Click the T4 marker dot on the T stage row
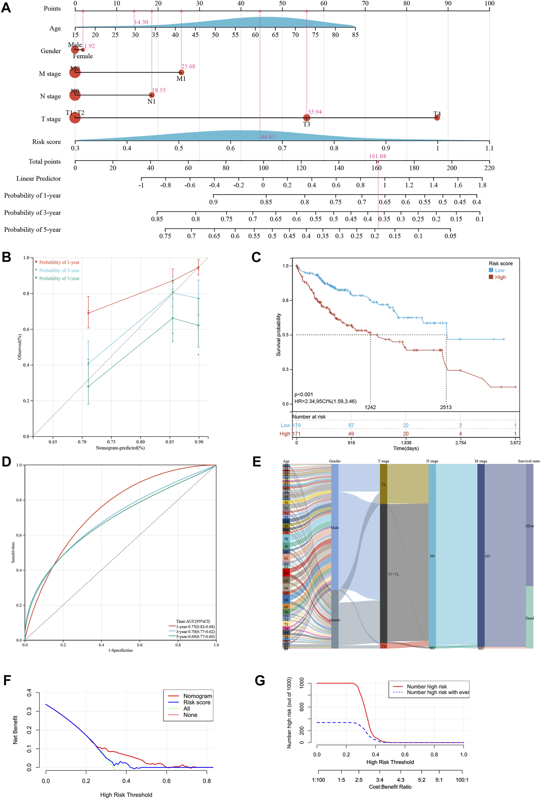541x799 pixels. [437, 117]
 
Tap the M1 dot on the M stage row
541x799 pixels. [181, 73]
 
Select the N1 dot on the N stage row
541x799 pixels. [152, 95]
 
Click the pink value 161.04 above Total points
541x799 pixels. [377, 156]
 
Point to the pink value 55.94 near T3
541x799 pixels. [315, 112]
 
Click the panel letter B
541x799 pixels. [6, 257]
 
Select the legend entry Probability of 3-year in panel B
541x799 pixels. [59, 270]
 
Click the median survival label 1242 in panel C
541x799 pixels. [370, 407]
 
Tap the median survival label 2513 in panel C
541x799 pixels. [446, 407]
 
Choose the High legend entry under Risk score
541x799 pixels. [500, 277]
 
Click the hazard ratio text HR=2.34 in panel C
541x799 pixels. [325, 401]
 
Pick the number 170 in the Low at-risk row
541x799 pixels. [296, 425]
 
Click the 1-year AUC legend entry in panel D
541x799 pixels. [195, 627]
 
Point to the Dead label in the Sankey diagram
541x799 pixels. [529, 618]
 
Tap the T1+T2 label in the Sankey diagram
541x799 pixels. [393, 574]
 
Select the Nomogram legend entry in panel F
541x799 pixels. [197, 696]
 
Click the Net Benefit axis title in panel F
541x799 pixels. [15, 730]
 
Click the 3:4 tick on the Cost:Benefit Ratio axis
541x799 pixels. [380, 780]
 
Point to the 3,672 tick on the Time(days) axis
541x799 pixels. [515, 443]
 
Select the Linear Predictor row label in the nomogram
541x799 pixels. [38, 178]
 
